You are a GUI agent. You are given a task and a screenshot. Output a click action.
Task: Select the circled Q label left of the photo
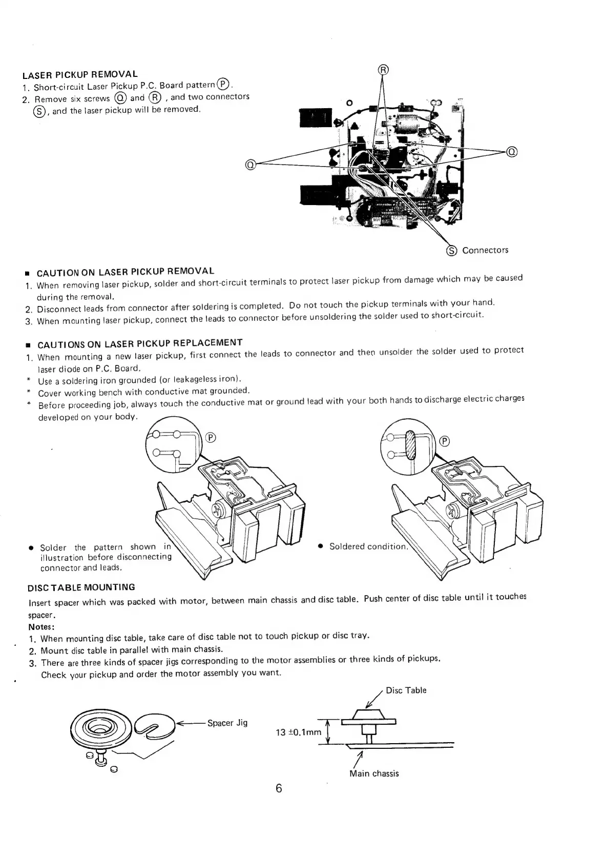pos(250,165)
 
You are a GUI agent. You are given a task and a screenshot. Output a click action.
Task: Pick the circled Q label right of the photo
pos(512,151)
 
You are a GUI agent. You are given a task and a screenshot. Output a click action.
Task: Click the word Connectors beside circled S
pos(485,250)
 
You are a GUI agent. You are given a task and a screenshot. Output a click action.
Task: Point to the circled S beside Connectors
pos(451,251)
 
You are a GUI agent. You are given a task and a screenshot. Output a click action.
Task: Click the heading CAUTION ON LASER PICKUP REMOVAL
pos(126,272)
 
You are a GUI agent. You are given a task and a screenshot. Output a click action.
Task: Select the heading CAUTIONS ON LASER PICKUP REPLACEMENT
pos(139,343)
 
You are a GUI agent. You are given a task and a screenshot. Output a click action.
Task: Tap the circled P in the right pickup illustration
pos(445,441)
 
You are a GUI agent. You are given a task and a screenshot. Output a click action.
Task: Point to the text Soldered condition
pos(368,546)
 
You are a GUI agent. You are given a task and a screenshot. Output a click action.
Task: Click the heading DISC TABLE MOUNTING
pos(82,587)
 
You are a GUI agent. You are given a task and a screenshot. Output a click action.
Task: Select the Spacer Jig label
pos(227,723)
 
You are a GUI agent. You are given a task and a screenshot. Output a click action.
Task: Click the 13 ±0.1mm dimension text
pos(298,732)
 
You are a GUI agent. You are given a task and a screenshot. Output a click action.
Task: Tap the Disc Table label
pos(406,690)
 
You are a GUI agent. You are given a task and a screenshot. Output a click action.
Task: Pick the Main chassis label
pos(373,773)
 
